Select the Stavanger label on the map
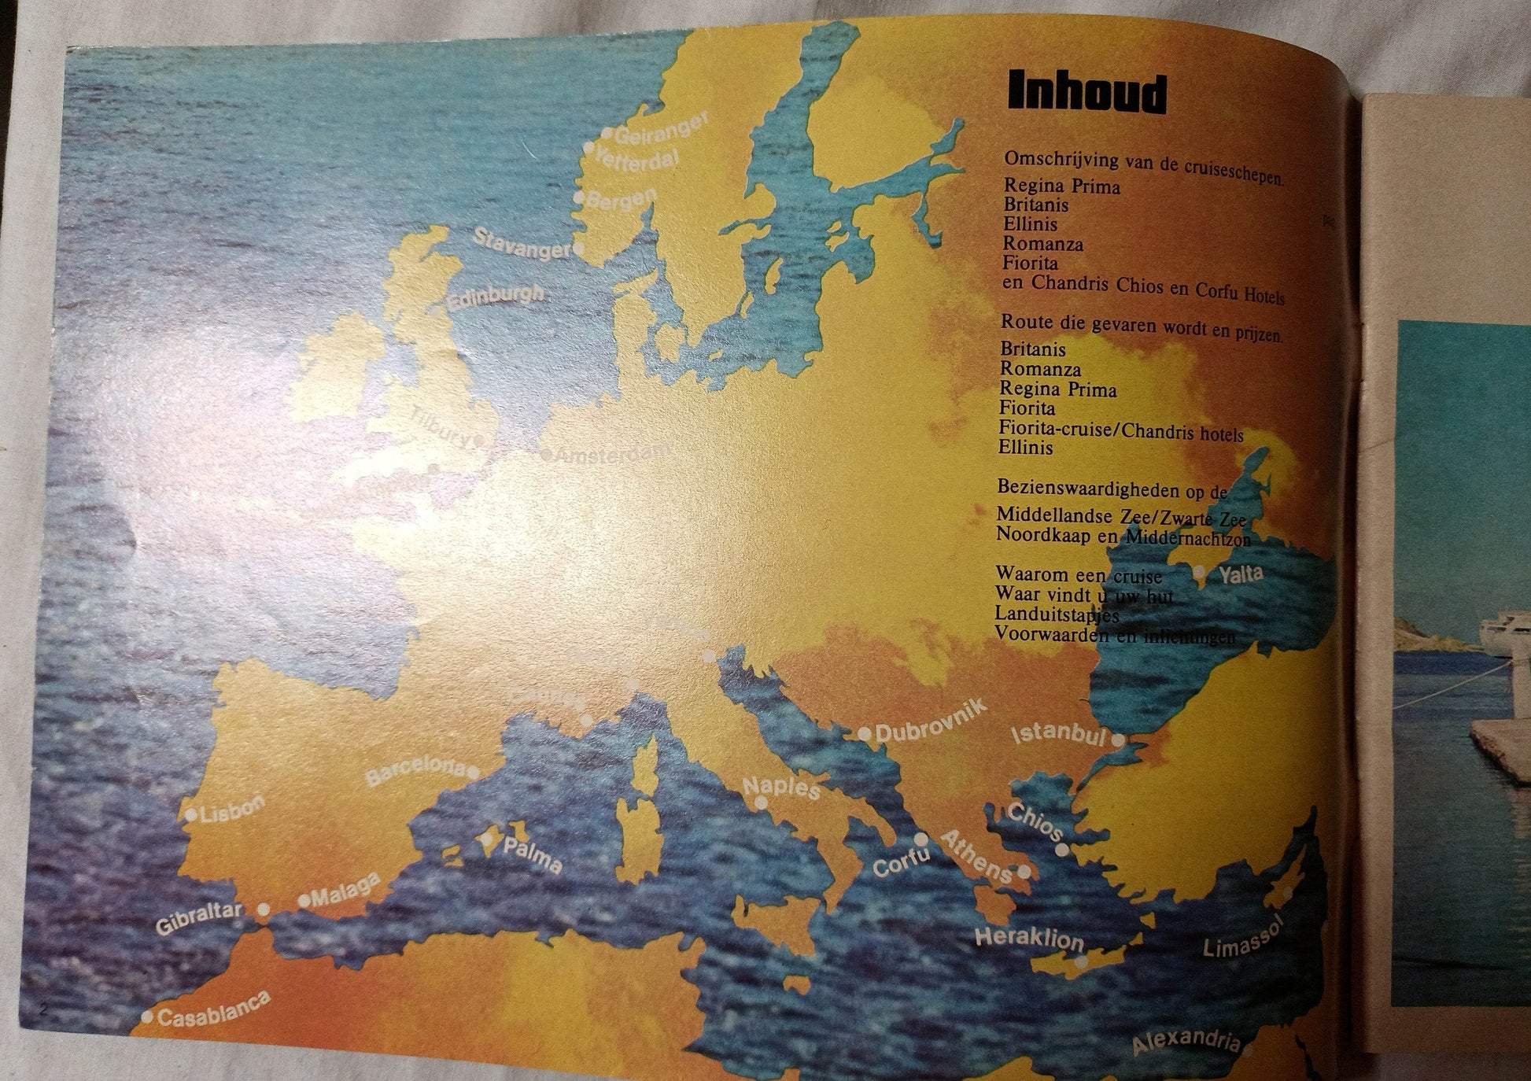tap(521, 242)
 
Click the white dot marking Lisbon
tap(191, 815)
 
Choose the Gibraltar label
tap(199, 918)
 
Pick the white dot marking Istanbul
tap(1118, 740)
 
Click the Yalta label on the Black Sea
tap(1241, 574)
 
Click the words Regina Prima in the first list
tap(1061, 186)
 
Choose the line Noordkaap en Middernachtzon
tap(1122, 536)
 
